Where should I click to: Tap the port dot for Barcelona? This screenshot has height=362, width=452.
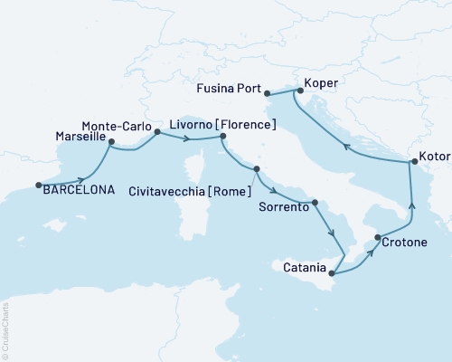pyautogui.click(x=39, y=186)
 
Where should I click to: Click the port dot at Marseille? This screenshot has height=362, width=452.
pyautogui.click(x=110, y=142)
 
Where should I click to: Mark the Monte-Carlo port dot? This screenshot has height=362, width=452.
pyautogui.click(x=156, y=132)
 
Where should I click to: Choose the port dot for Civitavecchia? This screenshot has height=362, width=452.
pyautogui.click(x=257, y=169)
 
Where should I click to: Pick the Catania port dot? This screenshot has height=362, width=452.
pyautogui.click(x=332, y=272)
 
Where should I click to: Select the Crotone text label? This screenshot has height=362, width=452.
pyautogui.click(x=405, y=243)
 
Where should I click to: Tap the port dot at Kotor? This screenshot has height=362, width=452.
pyautogui.click(x=413, y=162)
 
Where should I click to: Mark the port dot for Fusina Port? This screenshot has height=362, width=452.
pyautogui.click(x=267, y=91)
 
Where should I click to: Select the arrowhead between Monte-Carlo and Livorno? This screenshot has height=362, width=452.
pyautogui.click(x=187, y=138)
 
